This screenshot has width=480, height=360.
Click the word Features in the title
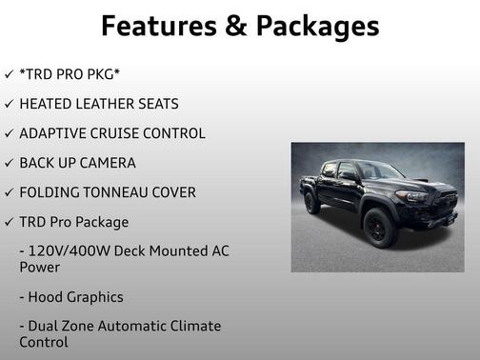(x=158, y=25)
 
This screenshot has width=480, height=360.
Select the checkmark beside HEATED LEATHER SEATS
(x=9, y=104)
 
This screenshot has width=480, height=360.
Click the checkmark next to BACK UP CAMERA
(x=9, y=163)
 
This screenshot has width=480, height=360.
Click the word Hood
(x=49, y=297)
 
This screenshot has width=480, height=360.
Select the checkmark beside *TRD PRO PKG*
(x=9, y=74)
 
